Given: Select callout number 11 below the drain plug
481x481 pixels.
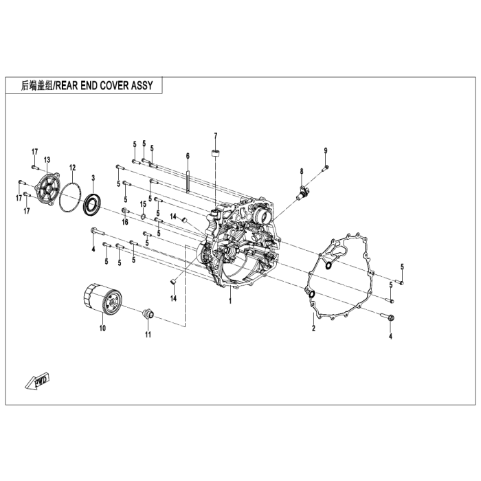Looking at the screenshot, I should (147, 335).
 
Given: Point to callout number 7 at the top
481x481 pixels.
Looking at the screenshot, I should (215, 135).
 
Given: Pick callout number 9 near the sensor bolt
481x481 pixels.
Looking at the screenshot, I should (326, 150).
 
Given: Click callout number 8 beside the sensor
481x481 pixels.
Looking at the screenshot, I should (301, 171).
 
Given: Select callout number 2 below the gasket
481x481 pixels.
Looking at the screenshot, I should (313, 329).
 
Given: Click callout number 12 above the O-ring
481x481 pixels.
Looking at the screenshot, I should (72, 168).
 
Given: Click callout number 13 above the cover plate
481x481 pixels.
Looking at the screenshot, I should (47, 159).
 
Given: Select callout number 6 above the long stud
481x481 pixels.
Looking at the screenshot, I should (187, 156).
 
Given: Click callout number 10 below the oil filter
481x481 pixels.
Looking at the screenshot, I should (102, 328).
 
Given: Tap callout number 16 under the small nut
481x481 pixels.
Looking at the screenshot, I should (125, 222).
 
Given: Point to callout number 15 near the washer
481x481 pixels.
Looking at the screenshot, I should (144, 204).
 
